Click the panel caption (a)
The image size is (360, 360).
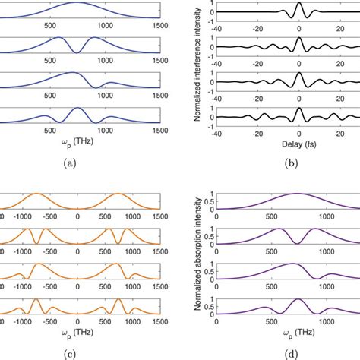coord(77,161)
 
